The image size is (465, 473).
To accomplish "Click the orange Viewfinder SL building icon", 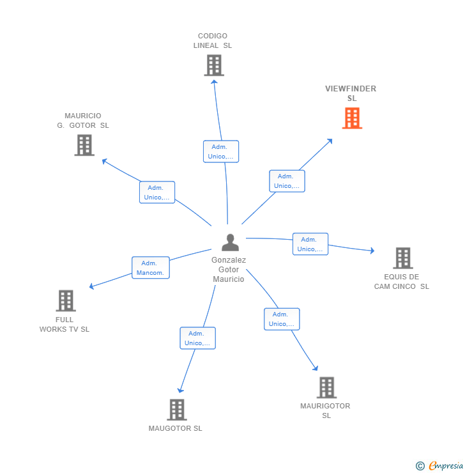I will pyautogui.click(x=352, y=118).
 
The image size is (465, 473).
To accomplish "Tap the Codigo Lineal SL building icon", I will pyautogui.click(x=214, y=65).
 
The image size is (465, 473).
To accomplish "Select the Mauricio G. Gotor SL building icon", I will pyautogui.click(x=84, y=145).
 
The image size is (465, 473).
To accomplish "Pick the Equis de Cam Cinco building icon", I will pyautogui.click(x=402, y=258).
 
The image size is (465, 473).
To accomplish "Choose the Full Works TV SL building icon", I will pyautogui.click(x=66, y=300).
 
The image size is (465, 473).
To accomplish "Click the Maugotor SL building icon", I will pyautogui.click(x=176, y=410).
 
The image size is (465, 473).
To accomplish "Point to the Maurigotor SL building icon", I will pyautogui.click(x=326, y=387).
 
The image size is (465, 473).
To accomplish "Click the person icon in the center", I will pyautogui.click(x=230, y=242).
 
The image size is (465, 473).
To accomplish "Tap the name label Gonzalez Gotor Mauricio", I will pyautogui.click(x=229, y=270).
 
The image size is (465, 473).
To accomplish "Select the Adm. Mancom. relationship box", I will pyautogui.click(x=151, y=268).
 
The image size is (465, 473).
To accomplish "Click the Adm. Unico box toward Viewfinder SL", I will pyautogui.click(x=287, y=181).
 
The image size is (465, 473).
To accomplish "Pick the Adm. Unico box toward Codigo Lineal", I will pyautogui.click(x=221, y=151).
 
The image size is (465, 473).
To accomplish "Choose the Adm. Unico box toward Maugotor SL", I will pyautogui.click(x=197, y=338).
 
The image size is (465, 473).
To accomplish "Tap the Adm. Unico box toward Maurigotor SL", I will pyautogui.click(x=282, y=319).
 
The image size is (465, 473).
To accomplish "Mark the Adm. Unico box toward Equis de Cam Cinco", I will pyautogui.click(x=310, y=244).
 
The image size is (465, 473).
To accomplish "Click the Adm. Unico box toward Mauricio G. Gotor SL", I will pyautogui.click(x=157, y=192).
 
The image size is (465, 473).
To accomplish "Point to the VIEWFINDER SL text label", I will pyautogui.click(x=351, y=93).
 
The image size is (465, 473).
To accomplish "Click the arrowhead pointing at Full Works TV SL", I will pyautogui.click(x=92, y=286).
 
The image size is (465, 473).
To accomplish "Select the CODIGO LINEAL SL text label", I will pyautogui.click(x=213, y=41).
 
